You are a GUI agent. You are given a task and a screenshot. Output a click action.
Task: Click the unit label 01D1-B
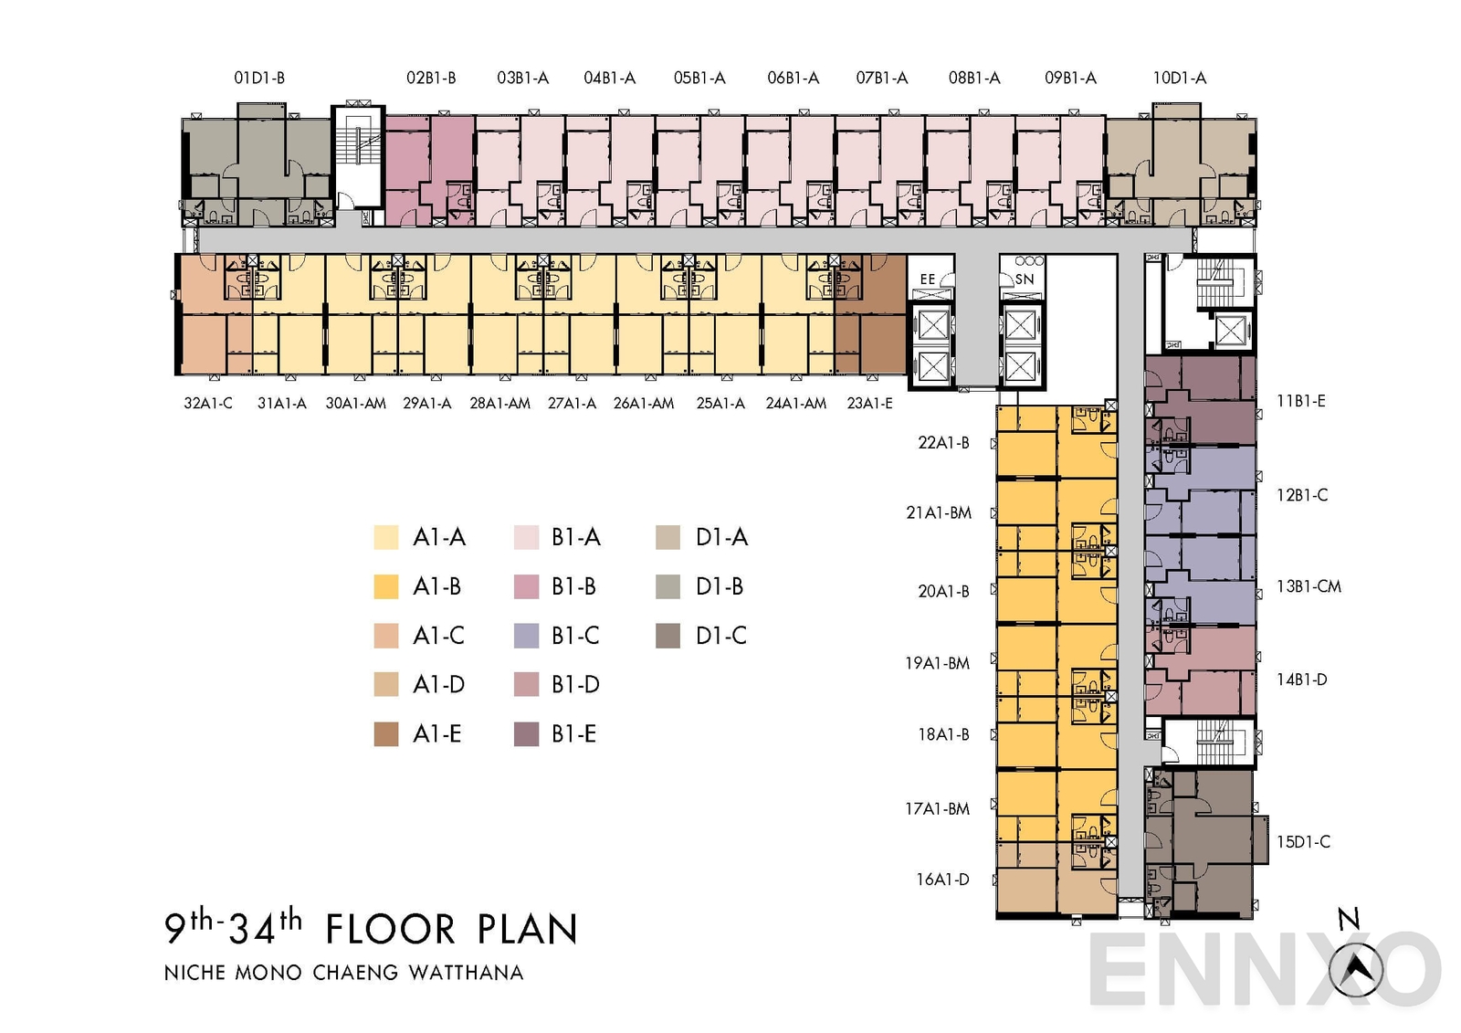tap(259, 78)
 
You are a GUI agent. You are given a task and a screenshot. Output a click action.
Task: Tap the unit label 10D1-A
tap(1179, 78)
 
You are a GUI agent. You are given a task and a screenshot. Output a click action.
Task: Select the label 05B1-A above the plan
tap(699, 78)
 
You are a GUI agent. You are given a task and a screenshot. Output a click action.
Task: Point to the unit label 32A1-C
tap(208, 403)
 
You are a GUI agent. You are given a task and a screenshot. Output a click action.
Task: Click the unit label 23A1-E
tap(869, 403)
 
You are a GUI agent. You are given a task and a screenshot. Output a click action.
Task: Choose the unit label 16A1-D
tap(942, 880)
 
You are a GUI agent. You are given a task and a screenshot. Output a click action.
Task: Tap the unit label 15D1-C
tap(1303, 842)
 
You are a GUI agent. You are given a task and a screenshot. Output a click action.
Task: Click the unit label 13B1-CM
tap(1309, 586)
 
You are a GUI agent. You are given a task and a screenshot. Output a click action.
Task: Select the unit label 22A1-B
tap(943, 443)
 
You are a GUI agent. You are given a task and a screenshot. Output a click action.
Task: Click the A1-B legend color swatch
tap(386, 586)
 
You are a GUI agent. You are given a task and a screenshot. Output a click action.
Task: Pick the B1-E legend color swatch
tap(527, 734)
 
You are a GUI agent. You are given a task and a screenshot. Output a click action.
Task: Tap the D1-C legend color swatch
tap(667, 636)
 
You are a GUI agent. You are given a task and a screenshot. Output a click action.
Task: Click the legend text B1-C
tap(575, 636)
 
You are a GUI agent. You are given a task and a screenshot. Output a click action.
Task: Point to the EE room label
tap(928, 279)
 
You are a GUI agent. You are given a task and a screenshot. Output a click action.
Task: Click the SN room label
tap(1025, 279)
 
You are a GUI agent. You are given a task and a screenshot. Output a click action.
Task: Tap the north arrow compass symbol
tap(1356, 969)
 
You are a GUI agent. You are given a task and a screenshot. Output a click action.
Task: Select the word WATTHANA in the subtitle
tap(466, 973)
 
